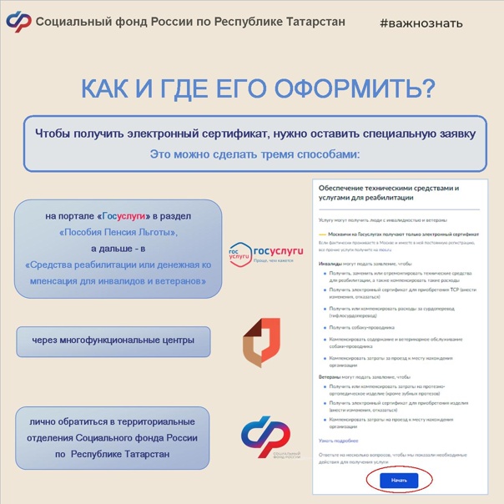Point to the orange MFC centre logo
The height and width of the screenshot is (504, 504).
point(261,342)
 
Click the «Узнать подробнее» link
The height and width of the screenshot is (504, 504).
point(338,440)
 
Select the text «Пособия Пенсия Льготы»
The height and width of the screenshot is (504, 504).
point(118,232)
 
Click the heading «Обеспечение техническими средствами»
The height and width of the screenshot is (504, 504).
point(388,189)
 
